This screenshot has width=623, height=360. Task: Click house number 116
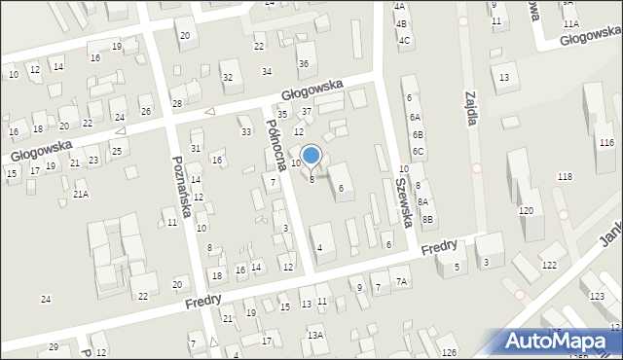[606, 143]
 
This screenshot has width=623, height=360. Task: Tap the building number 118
[564, 176]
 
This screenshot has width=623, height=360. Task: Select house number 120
[527, 211]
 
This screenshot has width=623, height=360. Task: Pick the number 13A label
[315, 336]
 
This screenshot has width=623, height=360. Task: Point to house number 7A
[402, 282]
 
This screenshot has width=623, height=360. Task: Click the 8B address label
[426, 220]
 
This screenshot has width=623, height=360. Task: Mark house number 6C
[417, 152]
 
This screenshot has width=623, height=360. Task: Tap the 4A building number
[399, 6]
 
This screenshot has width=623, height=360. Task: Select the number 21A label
[81, 195]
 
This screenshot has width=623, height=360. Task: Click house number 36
[304, 63]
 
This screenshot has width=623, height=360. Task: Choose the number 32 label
[227, 77]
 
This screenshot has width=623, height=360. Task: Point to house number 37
[306, 112]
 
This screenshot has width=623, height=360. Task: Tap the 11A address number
[570, 23]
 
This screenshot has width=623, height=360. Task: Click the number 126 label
[449, 352]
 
